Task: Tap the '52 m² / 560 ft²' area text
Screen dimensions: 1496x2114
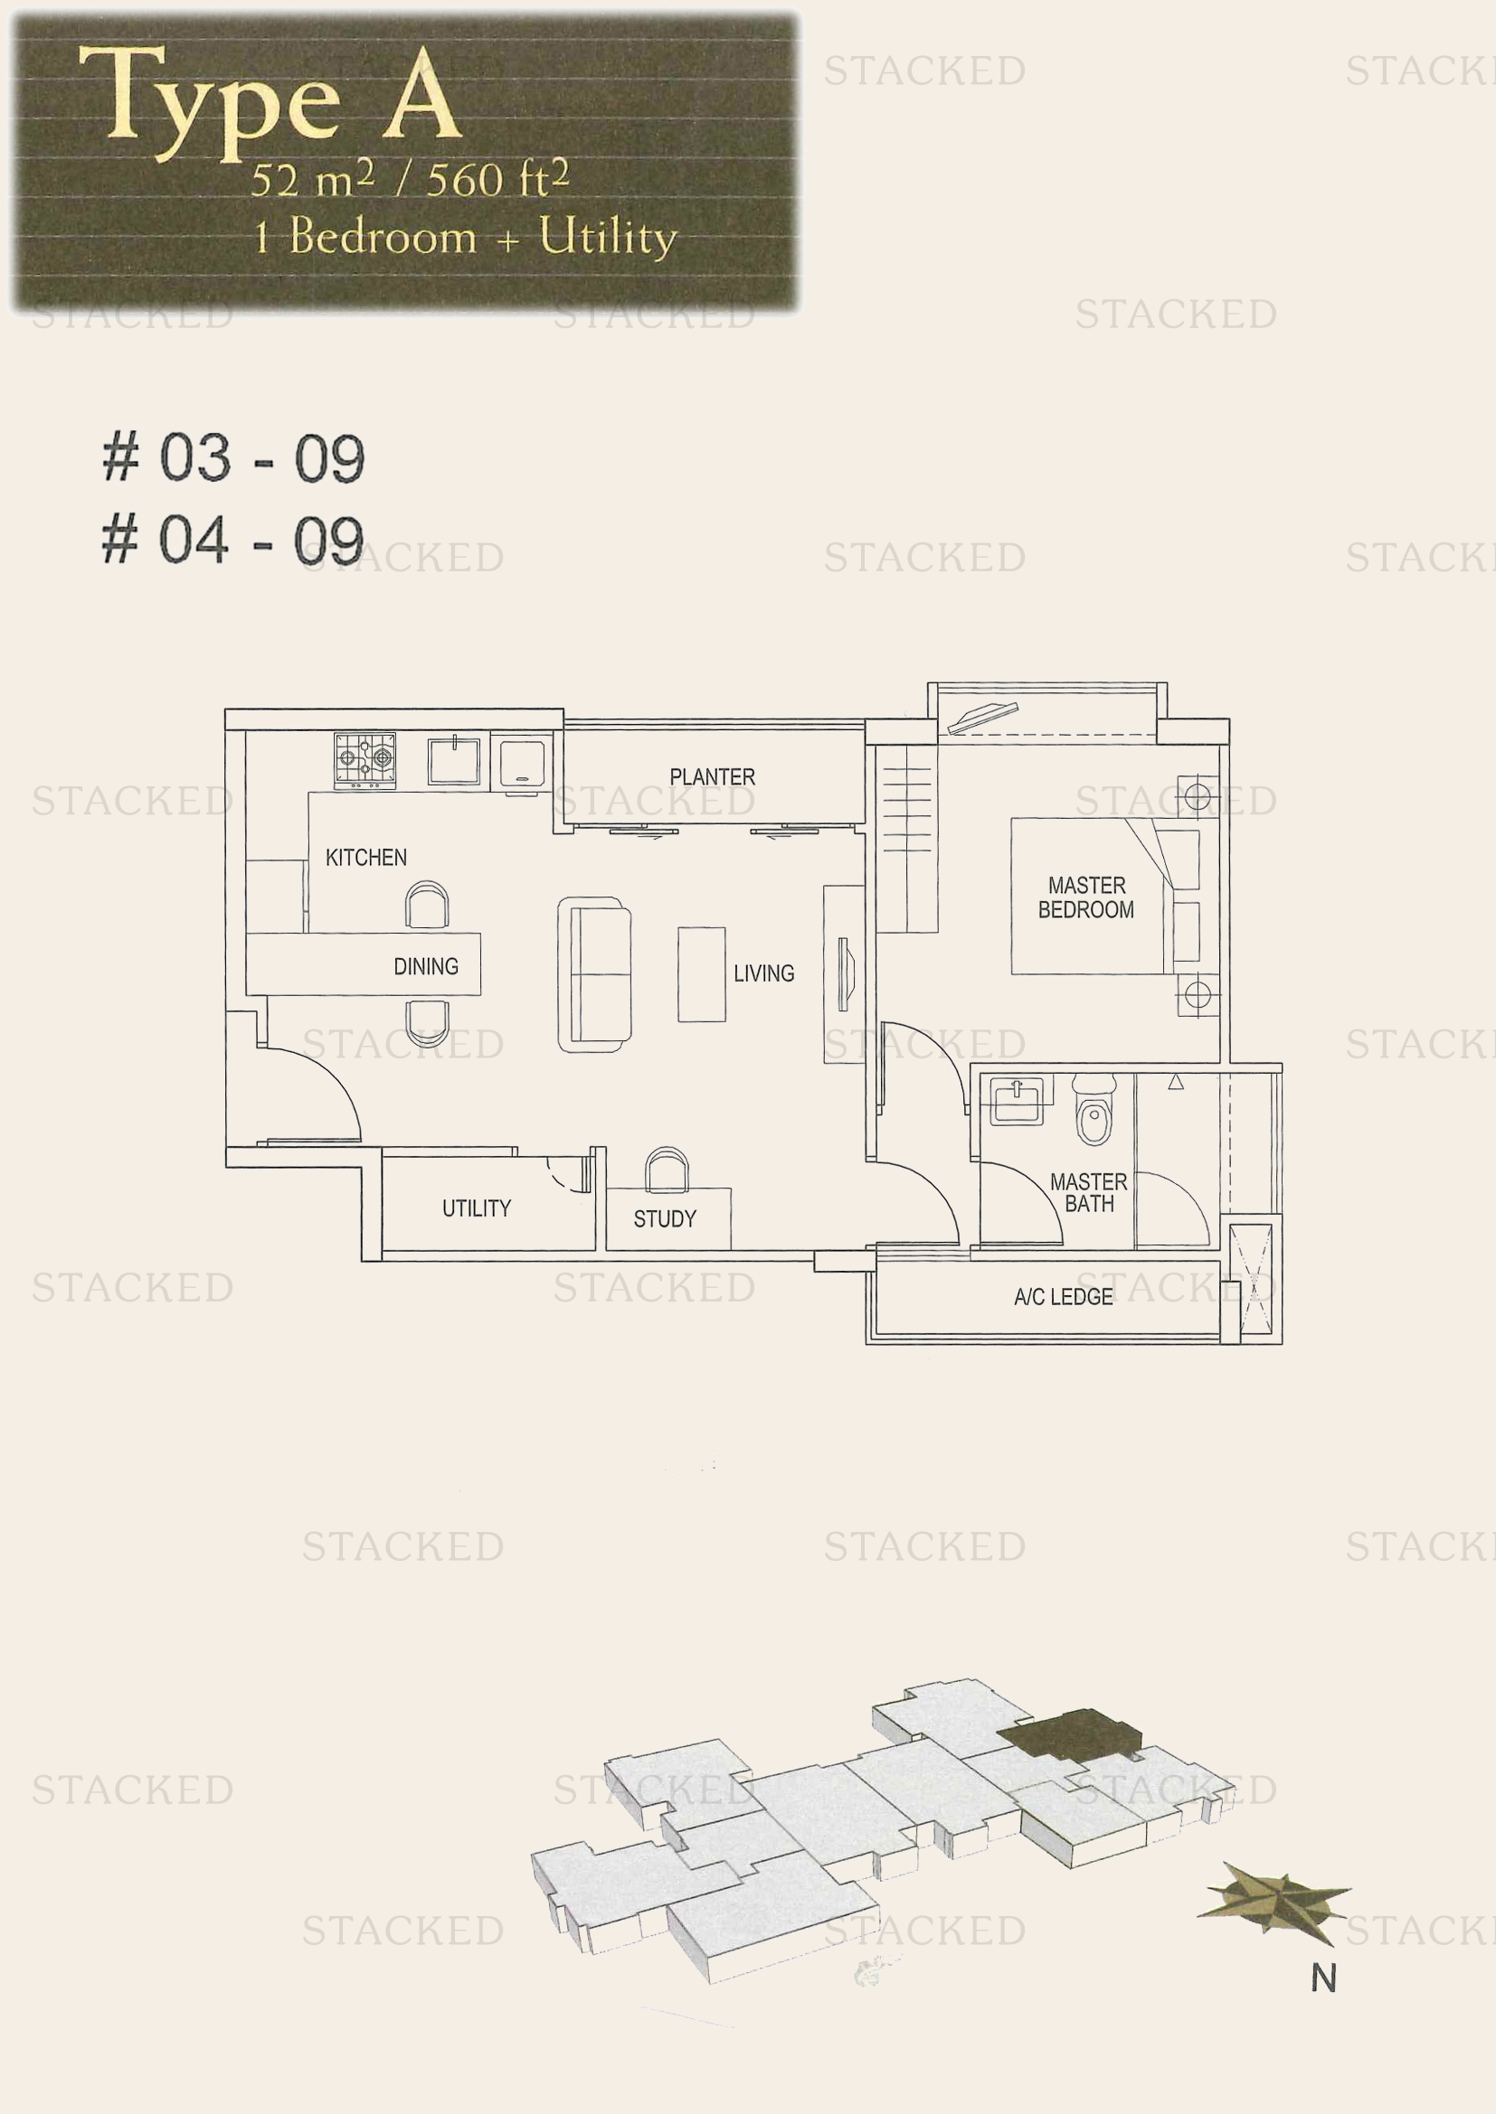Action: pyautogui.click(x=410, y=179)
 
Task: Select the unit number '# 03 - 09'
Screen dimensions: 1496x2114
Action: pyautogui.click(x=234, y=457)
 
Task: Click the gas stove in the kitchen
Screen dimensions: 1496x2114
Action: pyautogui.click(x=365, y=760)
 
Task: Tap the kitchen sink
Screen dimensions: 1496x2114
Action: pyautogui.click(x=454, y=760)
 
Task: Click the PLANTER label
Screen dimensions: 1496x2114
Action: pyautogui.click(x=712, y=777)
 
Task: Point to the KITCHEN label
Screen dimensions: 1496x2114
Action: pyautogui.click(x=365, y=857)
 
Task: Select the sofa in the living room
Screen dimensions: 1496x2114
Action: pyautogui.click(x=594, y=975)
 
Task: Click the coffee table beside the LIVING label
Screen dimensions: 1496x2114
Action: pyautogui.click(x=702, y=974)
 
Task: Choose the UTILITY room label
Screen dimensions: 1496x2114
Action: pyautogui.click(x=477, y=1208)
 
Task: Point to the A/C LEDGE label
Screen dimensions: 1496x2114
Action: pyautogui.click(x=1063, y=1297)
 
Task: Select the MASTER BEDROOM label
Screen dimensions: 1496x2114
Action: pyautogui.click(x=1086, y=897)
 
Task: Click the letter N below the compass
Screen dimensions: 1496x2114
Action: pyautogui.click(x=1324, y=1978)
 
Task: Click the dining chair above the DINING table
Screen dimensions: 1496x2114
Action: pyautogui.click(x=428, y=905)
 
